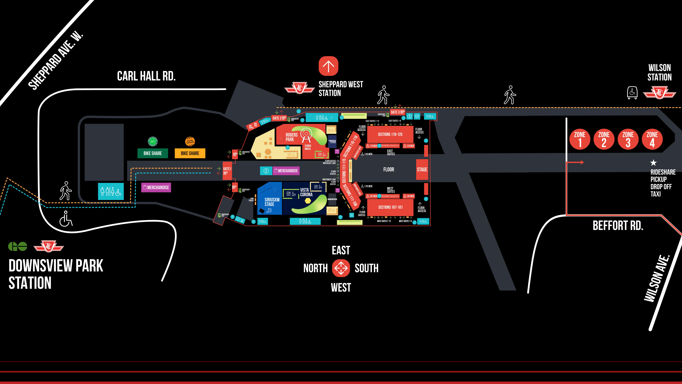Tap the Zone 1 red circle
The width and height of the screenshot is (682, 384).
(x=580, y=139)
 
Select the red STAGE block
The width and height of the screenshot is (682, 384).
(x=422, y=170)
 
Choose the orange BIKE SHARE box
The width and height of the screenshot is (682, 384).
(x=190, y=153)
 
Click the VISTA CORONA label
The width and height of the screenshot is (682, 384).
(x=306, y=192)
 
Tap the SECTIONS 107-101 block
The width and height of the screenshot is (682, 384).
(x=390, y=207)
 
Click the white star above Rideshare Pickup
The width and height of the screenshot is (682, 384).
(x=653, y=162)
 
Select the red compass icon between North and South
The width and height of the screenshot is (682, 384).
(x=341, y=268)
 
